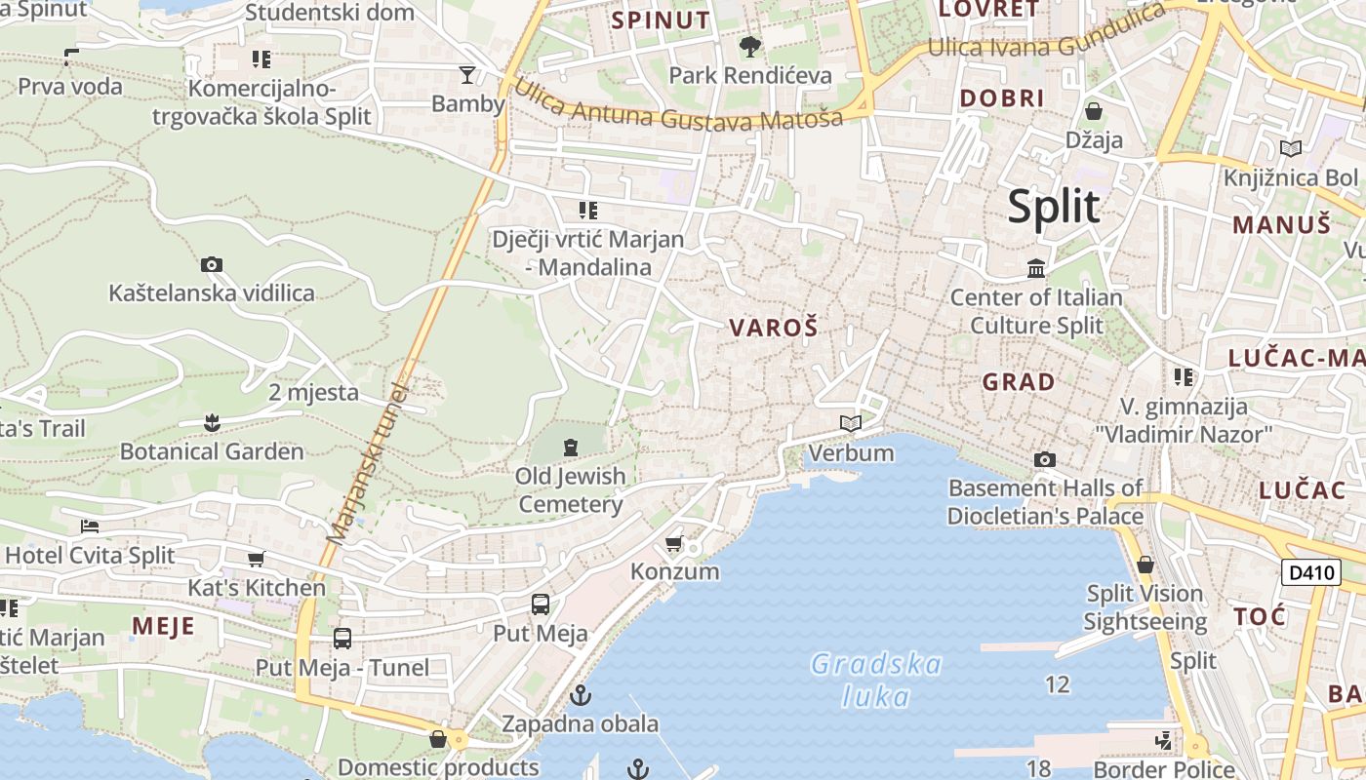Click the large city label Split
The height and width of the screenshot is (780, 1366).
[x=1054, y=207]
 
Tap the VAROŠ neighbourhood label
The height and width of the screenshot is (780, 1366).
[x=774, y=328]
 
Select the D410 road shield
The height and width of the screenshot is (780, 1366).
[x=1309, y=572]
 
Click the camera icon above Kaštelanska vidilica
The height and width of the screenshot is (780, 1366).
[x=211, y=264]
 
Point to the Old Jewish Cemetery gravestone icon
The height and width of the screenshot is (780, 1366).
[x=571, y=448]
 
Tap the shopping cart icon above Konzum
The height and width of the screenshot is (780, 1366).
[x=673, y=543]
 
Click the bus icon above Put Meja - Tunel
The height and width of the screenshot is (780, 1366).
[x=342, y=639]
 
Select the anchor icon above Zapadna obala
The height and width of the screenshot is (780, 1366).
[x=581, y=695]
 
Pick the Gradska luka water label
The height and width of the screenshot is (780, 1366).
[x=876, y=681]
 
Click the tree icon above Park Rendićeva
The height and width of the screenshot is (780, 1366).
[x=749, y=46]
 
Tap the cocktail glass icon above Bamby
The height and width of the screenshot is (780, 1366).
[x=467, y=74]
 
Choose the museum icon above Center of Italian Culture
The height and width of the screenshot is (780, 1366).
[x=1036, y=267]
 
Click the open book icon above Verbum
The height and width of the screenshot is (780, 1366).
[x=851, y=423]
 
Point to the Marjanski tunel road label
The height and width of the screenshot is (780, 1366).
[x=368, y=463]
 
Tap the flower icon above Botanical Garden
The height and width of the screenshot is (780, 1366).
[x=212, y=422]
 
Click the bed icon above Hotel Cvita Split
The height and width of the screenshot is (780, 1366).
[x=90, y=526]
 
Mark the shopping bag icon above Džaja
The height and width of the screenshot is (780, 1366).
[x=1093, y=111]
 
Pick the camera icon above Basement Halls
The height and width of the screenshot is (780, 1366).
[x=1044, y=459]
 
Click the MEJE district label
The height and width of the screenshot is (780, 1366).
[x=163, y=626]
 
